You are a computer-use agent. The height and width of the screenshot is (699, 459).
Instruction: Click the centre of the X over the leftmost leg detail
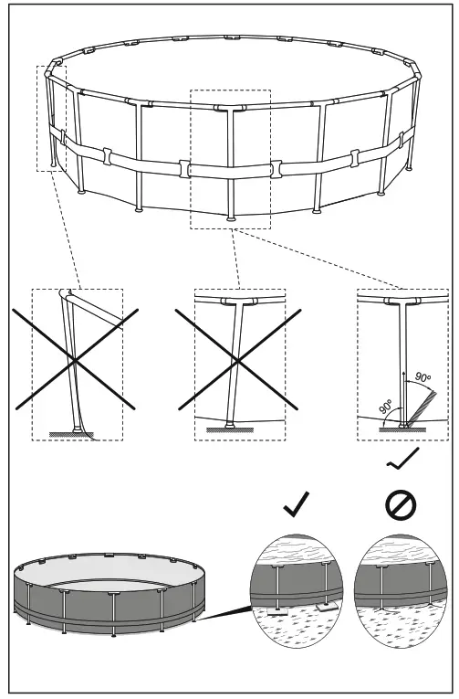(x=76, y=363)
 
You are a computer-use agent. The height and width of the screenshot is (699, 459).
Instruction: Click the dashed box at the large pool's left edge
(x=52, y=118)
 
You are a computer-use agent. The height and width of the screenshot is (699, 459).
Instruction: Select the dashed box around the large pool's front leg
(x=230, y=159)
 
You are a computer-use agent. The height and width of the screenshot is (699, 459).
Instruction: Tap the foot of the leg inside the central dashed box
(x=231, y=217)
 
